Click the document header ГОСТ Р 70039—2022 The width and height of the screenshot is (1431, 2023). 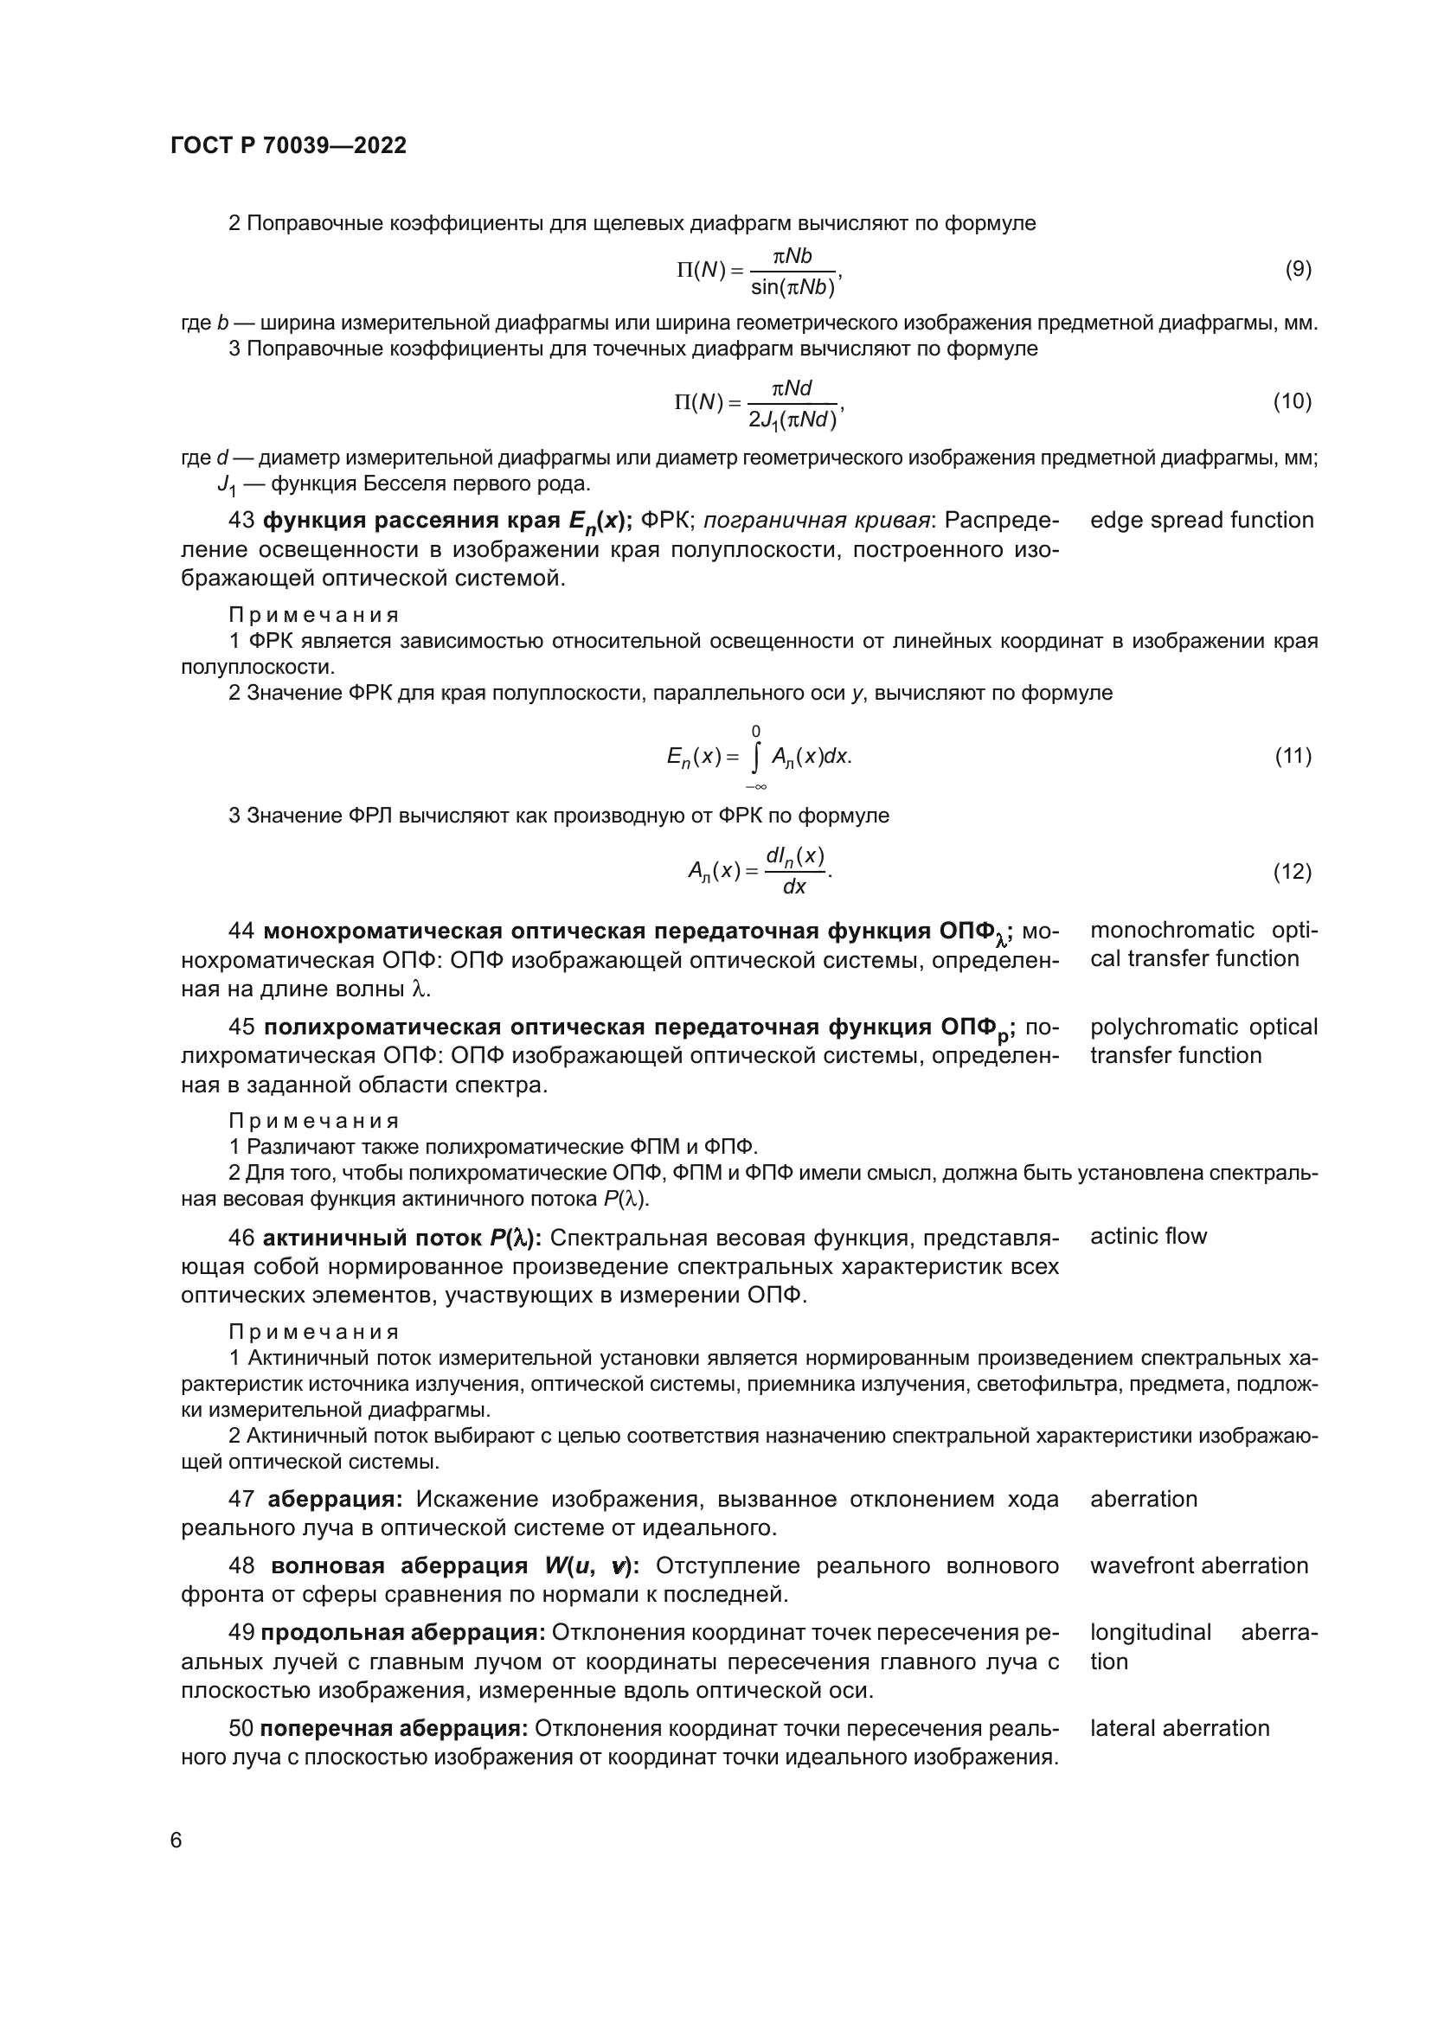tap(289, 146)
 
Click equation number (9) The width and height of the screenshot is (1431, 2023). tap(1298, 270)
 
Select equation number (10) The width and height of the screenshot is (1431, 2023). tap(1292, 402)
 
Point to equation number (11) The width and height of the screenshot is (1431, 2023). tap(1293, 756)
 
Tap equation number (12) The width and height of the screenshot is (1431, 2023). tap(1293, 872)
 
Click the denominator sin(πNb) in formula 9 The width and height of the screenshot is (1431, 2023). tap(793, 287)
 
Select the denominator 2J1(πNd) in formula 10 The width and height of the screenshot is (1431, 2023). tap(793, 420)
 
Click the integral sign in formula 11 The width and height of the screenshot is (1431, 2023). tap(756, 757)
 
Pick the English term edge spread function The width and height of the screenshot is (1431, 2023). tap(1201, 521)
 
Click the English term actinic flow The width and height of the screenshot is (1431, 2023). tap(1148, 1236)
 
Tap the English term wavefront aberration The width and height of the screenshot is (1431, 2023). tap(1198, 1565)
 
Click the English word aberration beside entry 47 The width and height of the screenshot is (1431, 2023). tap(1144, 1499)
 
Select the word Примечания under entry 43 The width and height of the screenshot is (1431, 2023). tap(314, 615)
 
